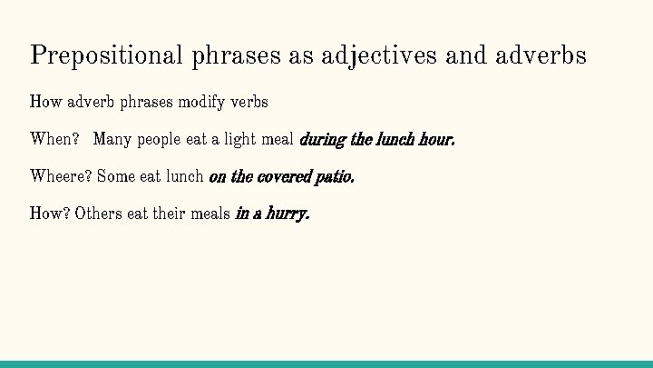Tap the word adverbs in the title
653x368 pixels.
541,56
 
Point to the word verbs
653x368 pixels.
249,102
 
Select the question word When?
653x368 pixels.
55,140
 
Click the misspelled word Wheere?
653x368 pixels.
61,176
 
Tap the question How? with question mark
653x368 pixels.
50,214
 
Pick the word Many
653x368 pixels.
112,140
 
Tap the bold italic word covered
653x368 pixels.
284,176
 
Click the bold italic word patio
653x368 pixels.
334,176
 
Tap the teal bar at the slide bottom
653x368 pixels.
326,363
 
